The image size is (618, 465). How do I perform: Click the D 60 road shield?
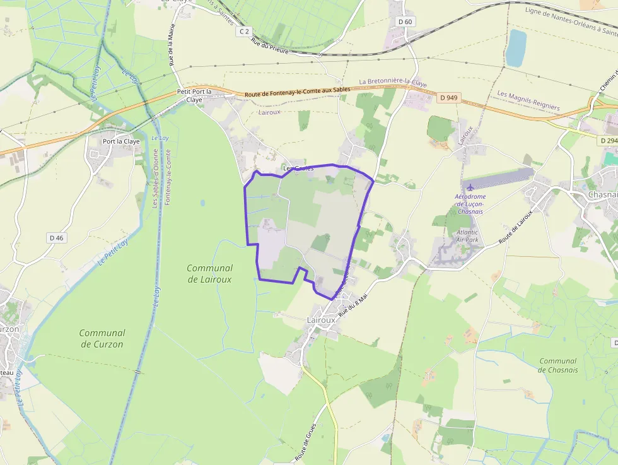point(405,22)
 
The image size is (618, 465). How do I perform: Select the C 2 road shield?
point(245,31)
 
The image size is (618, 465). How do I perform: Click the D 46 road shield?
point(56,238)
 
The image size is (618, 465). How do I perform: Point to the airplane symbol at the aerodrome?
point(470,186)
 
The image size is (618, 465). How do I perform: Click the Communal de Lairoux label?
point(209,273)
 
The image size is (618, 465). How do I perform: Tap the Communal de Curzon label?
point(102,338)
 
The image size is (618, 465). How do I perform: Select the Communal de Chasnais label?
point(558,365)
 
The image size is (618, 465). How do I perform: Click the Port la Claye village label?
point(121,141)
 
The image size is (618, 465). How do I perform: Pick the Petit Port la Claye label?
point(194,95)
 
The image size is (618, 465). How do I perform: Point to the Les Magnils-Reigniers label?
point(528,101)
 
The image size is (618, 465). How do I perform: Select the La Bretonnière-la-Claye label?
point(393,83)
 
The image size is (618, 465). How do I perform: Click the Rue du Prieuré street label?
point(269,47)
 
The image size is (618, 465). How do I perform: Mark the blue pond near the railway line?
point(516,48)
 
